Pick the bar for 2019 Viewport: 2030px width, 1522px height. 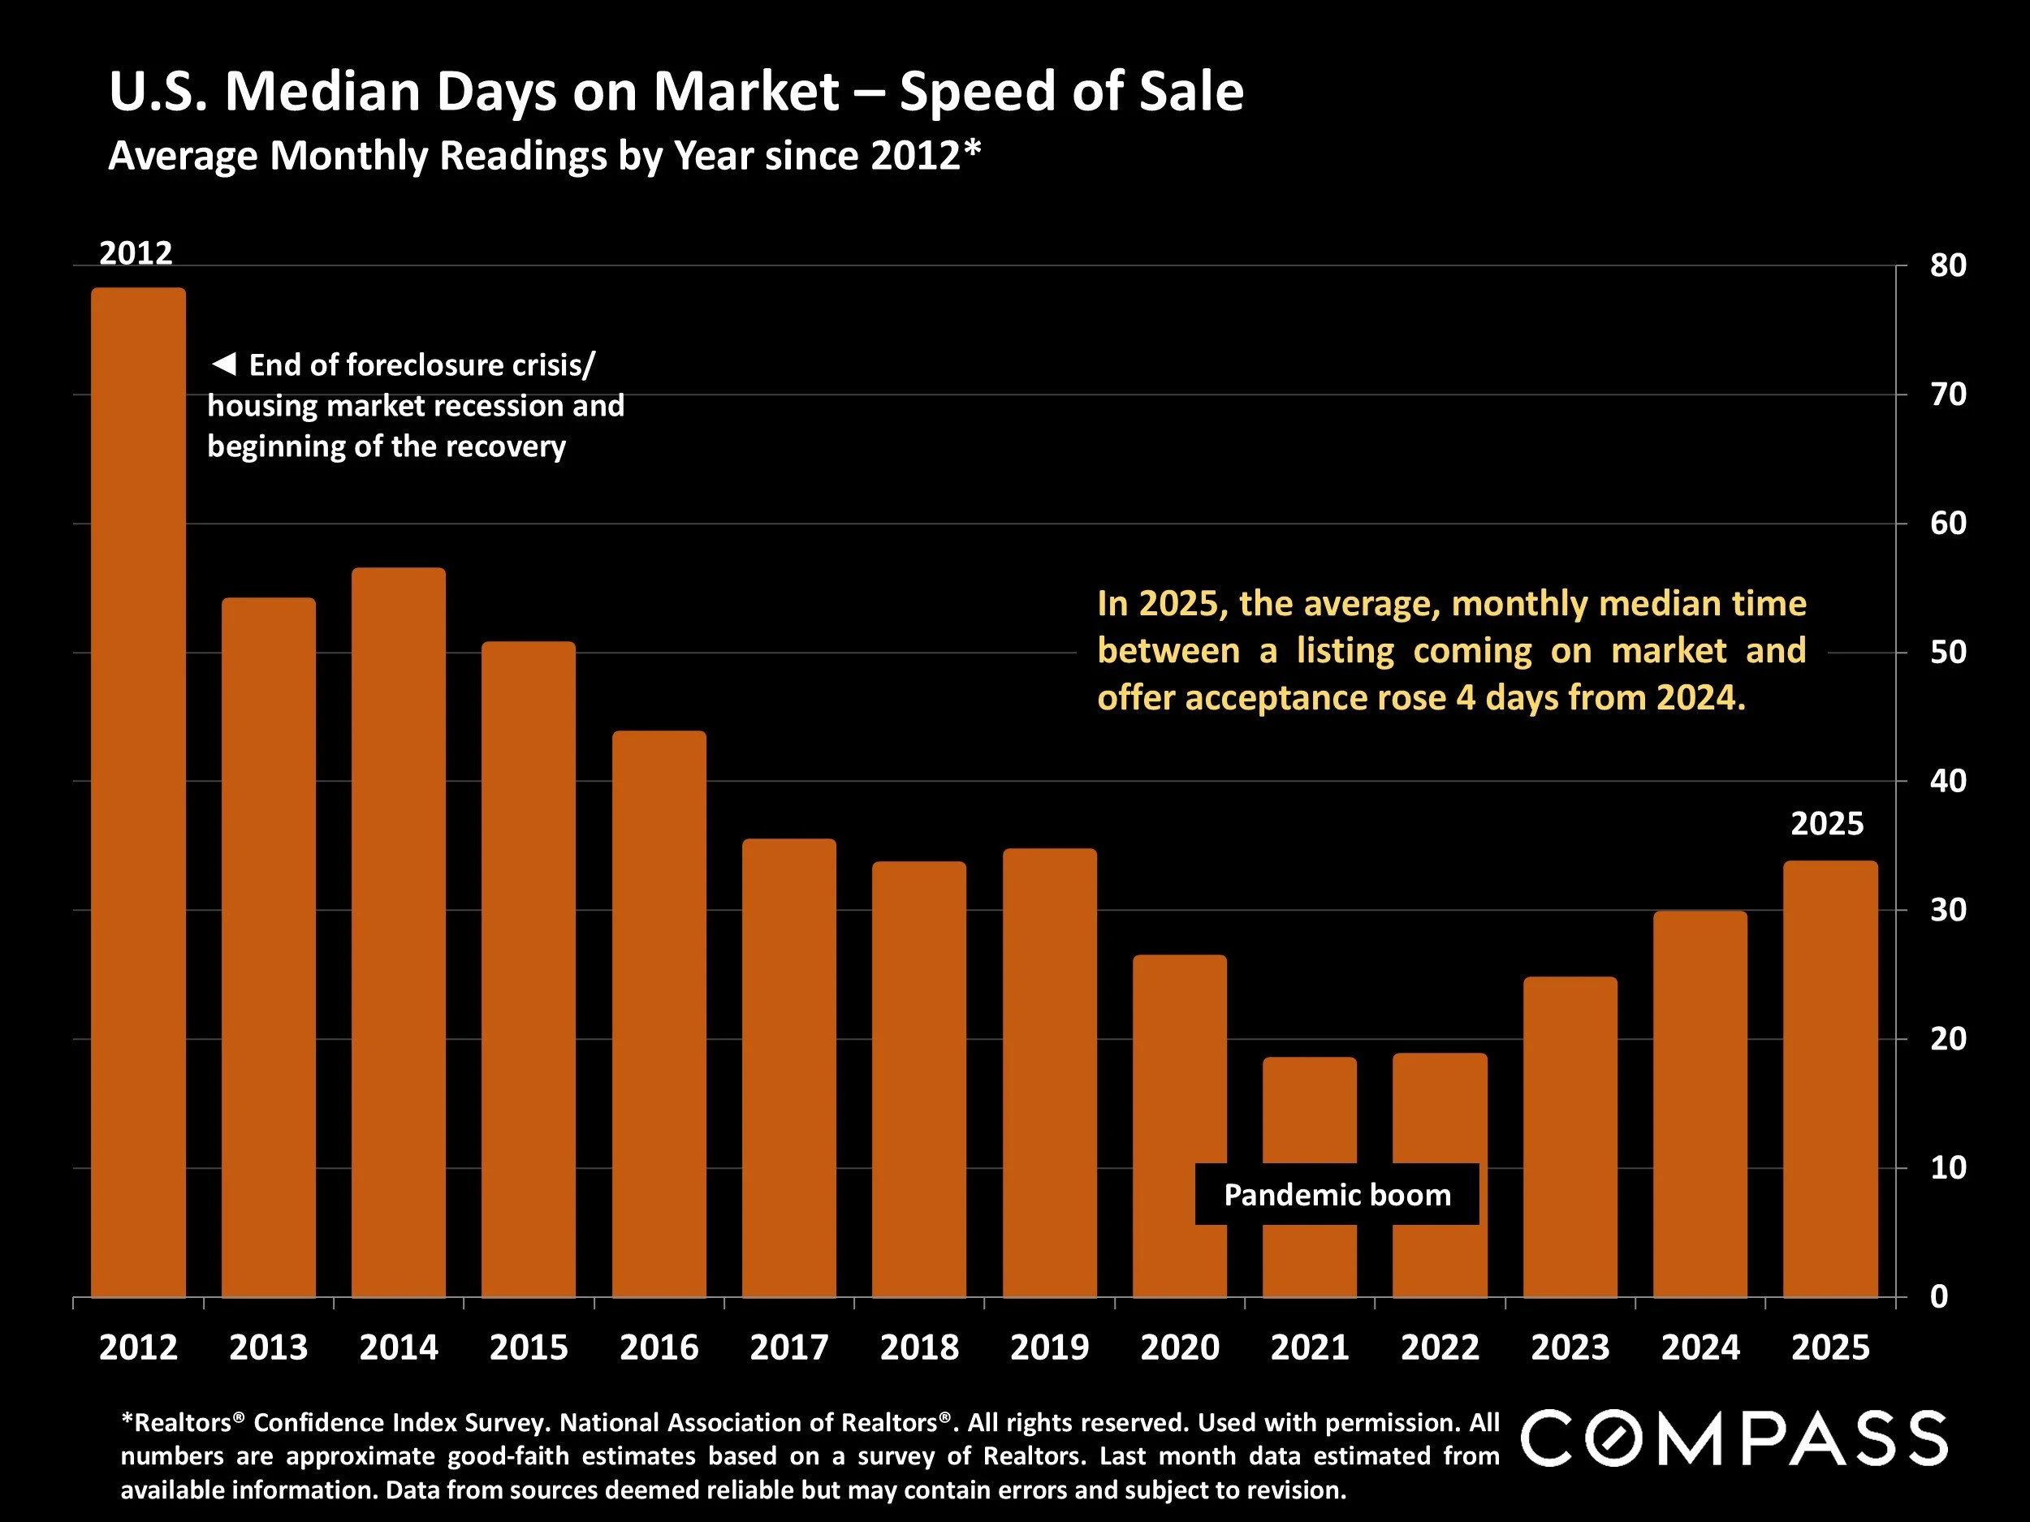pyautogui.click(x=1049, y=1072)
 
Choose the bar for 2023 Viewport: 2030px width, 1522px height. pyautogui.click(x=1570, y=1136)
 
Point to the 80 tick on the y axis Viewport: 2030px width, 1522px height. pyautogui.click(x=1947, y=266)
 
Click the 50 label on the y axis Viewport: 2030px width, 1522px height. pyautogui.click(x=1947, y=653)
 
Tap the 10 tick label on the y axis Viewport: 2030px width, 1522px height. pyautogui.click(x=1947, y=1168)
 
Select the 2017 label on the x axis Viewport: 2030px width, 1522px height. pyautogui.click(x=789, y=1347)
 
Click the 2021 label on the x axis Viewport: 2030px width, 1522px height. pyautogui.click(x=1310, y=1347)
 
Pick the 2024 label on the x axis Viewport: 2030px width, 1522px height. pyautogui.click(x=1700, y=1347)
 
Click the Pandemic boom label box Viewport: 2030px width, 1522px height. pyautogui.click(x=1337, y=1195)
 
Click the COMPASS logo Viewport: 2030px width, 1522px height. pyautogui.click(x=1734, y=1438)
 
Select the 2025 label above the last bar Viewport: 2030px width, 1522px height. pyautogui.click(x=1827, y=824)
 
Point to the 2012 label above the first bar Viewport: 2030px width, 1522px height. pyautogui.click(x=136, y=253)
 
